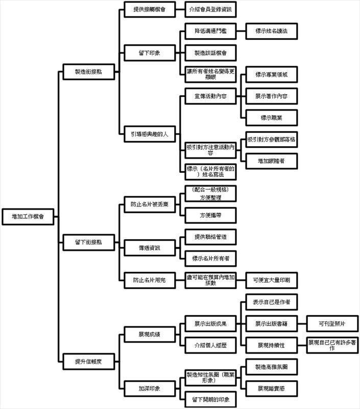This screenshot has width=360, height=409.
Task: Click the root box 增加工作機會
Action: [28, 216]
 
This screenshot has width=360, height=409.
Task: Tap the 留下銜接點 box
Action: [88, 242]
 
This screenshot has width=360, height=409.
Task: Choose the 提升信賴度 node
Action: [88, 361]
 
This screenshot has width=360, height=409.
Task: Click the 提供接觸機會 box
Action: [150, 9]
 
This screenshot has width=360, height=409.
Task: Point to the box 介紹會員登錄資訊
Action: [211, 9]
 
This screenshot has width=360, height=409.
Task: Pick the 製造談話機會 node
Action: [211, 53]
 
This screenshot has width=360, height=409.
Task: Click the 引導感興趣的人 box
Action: [150, 134]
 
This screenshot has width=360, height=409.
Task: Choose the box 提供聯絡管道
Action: [211, 237]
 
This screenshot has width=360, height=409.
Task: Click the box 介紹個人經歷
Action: [211, 345]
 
